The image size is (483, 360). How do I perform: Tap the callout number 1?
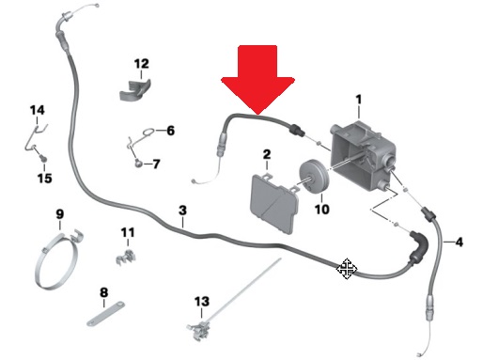click(359, 100)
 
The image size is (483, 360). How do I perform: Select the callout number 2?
click(267, 154)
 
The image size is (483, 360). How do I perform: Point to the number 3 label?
click(182, 211)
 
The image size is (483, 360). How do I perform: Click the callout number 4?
click(459, 242)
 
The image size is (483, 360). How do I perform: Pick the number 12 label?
click(141, 64)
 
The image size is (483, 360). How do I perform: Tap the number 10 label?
click(321, 210)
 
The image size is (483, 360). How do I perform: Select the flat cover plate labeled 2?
click(274, 205)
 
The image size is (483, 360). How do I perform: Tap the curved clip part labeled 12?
click(135, 90)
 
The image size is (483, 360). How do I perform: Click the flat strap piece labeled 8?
click(105, 314)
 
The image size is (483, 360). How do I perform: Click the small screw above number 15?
click(43, 158)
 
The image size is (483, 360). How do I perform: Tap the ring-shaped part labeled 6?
click(148, 133)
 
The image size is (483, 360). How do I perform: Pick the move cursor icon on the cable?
click(347, 269)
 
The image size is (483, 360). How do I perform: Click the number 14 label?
click(38, 110)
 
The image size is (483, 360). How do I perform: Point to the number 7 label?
click(156, 164)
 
